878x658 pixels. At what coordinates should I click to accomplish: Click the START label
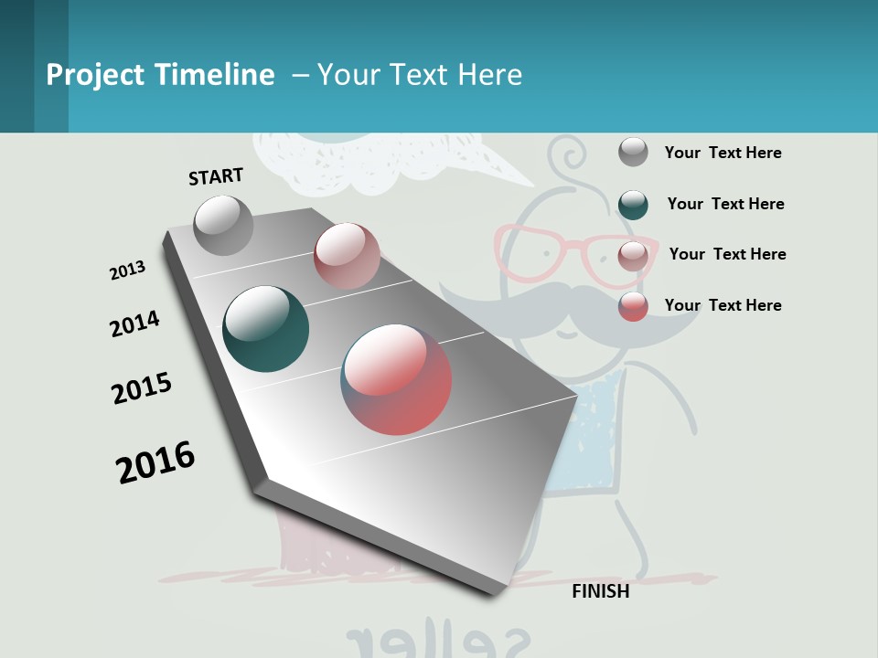pyautogui.click(x=216, y=176)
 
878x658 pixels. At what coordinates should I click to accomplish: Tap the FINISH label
pyautogui.click(x=601, y=591)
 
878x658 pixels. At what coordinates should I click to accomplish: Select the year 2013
pyautogui.click(x=128, y=271)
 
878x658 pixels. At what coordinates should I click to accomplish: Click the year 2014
pyautogui.click(x=134, y=324)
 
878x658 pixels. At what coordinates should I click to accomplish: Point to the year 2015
pyautogui.click(x=142, y=388)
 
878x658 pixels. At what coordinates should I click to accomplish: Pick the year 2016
pyautogui.click(x=155, y=462)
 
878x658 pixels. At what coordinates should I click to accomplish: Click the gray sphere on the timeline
pyautogui.click(x=223, y=225)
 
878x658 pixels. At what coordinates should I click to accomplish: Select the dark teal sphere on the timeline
pyautogui.click(x=266, y=329)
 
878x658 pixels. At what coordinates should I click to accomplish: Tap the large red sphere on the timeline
pyautogui.click(x=397, y=378)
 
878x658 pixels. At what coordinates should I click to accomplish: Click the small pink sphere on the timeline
pyautogui.click(x=347, y=256)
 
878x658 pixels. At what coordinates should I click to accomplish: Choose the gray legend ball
pyautogui.click(x=633, y=152)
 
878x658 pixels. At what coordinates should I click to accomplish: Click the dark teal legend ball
pyautogui.click(x=633, y=204)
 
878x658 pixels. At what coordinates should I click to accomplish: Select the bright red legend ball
pyautogui.click(x=633, y=305)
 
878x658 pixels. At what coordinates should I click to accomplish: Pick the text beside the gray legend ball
pyautogui.click(x=723, y=153)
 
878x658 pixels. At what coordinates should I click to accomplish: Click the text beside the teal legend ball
pyautogui.click(x=725, y=204)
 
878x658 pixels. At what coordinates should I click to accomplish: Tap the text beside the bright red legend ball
pyautogui.click(x=723, y=305)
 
